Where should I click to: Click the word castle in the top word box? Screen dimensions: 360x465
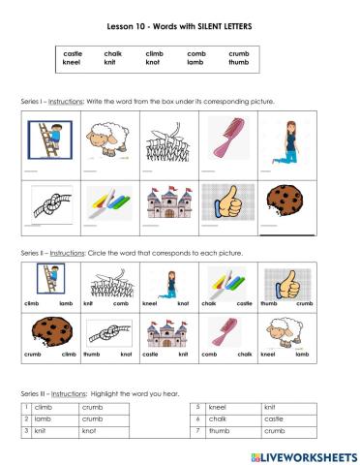point(73,53)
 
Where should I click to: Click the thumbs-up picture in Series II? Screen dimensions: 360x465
point(286,284)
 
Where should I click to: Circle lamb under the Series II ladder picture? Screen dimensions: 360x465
point(66,303)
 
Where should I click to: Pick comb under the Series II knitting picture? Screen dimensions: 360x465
point(121,303)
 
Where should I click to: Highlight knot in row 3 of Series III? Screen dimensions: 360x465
point(89,430)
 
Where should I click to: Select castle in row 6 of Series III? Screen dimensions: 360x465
point(275,418)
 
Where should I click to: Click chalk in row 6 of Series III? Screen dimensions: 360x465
point(218,418)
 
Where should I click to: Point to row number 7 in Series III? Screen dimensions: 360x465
point(197,430)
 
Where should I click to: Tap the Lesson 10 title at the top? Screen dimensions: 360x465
point(179,28)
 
